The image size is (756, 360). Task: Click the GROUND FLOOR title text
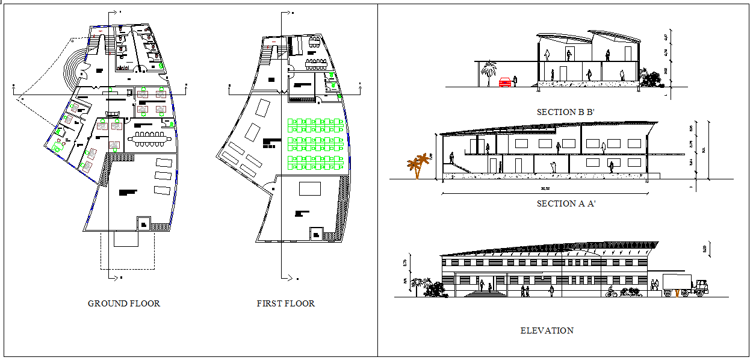(x=124, y=303)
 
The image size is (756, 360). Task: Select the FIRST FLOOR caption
(x=286, y=303)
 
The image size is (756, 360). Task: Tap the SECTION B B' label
(x=565, y=112)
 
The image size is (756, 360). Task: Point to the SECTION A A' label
(x=566, y=203)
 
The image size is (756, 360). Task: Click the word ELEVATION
(x=547, y=331)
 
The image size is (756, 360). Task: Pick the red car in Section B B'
(x=505, y=82)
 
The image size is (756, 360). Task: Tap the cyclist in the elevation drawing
(x=612, y=292)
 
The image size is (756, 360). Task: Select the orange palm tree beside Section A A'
(x=417, y=166)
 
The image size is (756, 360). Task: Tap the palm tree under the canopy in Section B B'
(x=489, y=71)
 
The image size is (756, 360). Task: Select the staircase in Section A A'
(x=461, y=167)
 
